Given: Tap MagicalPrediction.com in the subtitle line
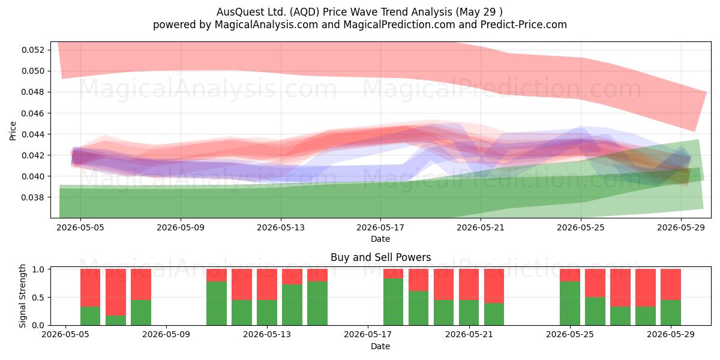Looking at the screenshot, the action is (x=399, y=25).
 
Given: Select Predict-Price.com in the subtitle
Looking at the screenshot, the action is (x=524, y=25).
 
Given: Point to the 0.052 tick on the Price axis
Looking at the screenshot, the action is (x=33, y=50).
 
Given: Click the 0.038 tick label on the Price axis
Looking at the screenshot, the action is (x=33, y=197).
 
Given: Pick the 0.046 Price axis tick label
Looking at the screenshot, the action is (x=33, y=113).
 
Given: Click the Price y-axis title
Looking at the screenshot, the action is (x=13, y=131).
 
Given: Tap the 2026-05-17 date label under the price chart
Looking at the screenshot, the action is (x=380, y=227).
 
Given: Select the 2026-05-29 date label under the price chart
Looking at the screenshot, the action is (x=681, y=227).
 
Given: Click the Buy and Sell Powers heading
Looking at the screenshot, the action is (x=380, y=257).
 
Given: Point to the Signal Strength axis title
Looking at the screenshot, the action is (x=22, y=296).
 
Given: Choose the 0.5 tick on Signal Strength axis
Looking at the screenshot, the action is (x=38, y=298).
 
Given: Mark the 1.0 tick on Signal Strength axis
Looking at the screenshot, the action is (x=38, y=269).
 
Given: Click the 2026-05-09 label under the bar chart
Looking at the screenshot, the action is (x=166, y=335).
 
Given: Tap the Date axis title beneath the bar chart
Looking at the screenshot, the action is (x=380, y=346).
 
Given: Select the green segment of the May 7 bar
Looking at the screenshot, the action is (x=116, y=320).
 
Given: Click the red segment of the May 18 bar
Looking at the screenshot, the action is (x=393, y=274).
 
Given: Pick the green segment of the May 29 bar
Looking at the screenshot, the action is (x=671, y=313).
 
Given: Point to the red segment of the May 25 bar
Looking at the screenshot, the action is (x=570, y=275).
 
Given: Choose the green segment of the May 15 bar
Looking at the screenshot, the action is (x=317, y=304).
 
